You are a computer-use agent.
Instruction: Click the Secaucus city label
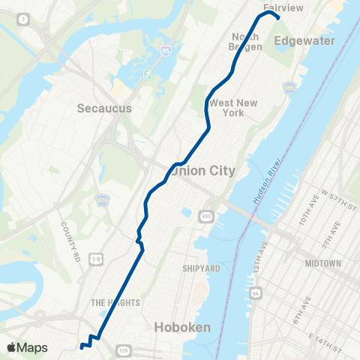[104, 108]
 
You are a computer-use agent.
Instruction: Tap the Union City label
[203, 171]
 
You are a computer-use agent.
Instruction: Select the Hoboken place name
[181, 327]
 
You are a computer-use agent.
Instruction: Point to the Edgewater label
[304, 41]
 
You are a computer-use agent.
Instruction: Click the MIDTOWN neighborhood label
[323, 264]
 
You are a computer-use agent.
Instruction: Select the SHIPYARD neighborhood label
[200, 268]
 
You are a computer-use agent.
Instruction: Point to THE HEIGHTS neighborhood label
[110, 303]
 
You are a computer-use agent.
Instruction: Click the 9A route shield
[256, 292]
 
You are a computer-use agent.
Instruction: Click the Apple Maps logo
[27, 348]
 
